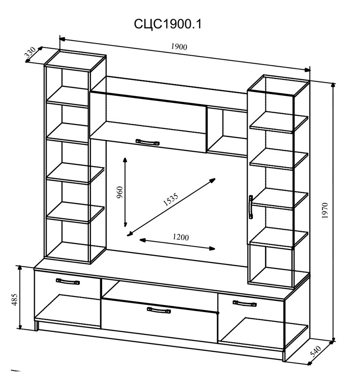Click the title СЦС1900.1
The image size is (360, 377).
168,24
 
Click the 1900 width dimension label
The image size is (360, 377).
179,46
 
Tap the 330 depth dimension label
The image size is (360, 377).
31,53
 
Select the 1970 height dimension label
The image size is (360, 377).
325,211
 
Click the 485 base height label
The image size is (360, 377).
15,299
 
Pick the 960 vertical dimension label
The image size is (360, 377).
119,192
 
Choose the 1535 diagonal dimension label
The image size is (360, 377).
170,199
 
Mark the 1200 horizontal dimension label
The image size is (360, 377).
180,237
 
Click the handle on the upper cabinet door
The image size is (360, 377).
147,142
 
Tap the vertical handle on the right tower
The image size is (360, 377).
251,207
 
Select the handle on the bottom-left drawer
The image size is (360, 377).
68,281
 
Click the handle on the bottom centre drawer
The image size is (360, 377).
159,310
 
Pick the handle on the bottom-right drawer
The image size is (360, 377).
245,303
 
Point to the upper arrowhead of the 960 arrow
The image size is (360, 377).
125,160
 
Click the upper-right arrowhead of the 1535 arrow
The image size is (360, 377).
213,180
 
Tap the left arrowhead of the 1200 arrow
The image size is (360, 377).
142,240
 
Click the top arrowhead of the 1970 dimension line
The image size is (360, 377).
333,85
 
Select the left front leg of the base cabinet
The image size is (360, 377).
37,325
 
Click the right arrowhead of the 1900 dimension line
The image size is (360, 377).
307,70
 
